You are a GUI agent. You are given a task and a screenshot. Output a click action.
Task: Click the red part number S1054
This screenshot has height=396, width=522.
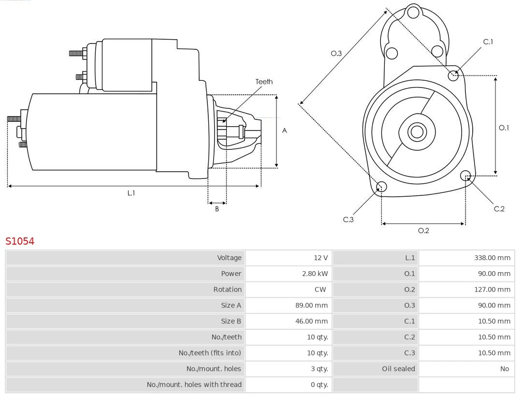[20, 241]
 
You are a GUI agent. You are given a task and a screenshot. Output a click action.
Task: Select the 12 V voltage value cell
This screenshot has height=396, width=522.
[320, 258]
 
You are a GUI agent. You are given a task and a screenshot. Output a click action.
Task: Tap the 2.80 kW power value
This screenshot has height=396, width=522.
[315, 274]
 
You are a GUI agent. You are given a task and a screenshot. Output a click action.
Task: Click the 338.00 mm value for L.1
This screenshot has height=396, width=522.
[492, 258]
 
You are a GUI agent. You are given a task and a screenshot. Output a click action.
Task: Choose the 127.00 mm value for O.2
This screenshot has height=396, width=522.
[492, 290]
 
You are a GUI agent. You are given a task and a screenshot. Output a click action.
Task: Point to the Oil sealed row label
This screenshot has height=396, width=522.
[398, 369]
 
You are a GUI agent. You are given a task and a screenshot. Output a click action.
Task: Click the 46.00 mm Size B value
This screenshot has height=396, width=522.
[315, 321]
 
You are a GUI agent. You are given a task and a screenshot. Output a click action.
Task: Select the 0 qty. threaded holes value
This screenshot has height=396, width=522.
[319, 385]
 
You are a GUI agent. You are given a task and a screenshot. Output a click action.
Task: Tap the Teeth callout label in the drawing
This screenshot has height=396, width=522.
[264, 82]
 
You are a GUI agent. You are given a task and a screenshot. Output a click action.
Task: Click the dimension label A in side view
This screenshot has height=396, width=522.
[284, 131]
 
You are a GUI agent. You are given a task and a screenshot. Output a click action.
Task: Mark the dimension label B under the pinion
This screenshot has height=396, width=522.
[217, 209]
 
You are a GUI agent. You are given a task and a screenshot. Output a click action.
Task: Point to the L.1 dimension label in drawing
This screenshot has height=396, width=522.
[131, 193]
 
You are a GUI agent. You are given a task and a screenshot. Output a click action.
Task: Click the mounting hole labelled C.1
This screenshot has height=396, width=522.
[453, 75]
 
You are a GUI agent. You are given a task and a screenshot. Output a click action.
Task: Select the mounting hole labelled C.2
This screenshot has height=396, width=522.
[465, 175]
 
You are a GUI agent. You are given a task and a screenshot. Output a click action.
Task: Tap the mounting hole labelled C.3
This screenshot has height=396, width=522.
[381, 187]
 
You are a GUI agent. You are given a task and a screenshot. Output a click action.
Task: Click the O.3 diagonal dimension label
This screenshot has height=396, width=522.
[336, 54]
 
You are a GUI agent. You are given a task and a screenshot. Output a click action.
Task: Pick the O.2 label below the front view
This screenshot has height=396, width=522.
[423, 231]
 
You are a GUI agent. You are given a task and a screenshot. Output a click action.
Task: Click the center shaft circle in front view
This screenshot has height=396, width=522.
[416, 132]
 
